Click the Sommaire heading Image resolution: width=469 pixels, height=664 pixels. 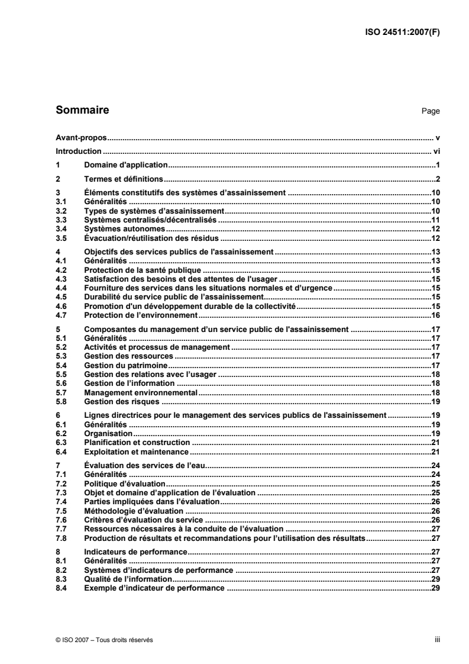click(x=82, y=110)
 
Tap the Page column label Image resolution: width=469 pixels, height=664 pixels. click(x=432, y=111)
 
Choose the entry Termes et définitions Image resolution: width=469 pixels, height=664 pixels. click(x=124, y=179)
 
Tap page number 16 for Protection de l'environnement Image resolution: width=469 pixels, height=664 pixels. click(x=435, y=316)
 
